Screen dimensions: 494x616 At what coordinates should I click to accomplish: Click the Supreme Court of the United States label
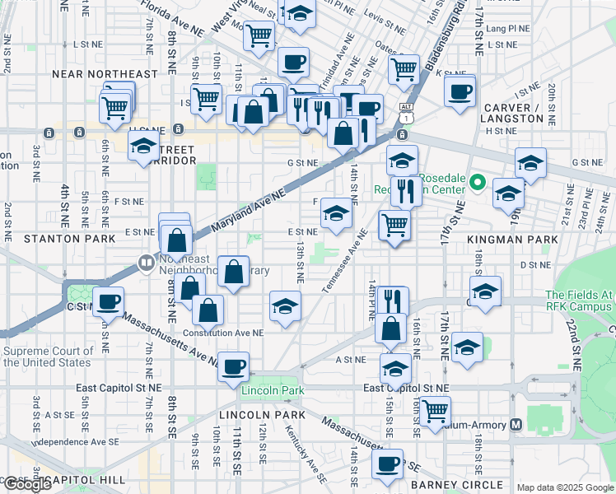coord(47,357)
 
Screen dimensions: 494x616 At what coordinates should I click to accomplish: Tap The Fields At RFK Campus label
coord(579,301)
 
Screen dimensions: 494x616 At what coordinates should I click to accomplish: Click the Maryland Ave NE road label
coord(247,209)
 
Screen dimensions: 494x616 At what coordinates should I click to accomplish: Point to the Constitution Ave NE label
coord(225,333)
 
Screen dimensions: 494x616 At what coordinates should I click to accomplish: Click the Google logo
coord(27,484)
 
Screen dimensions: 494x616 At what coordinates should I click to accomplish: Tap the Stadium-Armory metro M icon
coord(516,425)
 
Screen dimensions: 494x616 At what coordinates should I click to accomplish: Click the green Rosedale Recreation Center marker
coord(476,184)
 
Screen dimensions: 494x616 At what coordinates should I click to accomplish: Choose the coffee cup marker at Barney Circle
coord(386,463)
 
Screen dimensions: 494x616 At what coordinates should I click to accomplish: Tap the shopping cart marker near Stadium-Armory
coord(434,408)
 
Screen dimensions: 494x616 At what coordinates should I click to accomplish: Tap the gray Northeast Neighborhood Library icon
coord(145,264)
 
